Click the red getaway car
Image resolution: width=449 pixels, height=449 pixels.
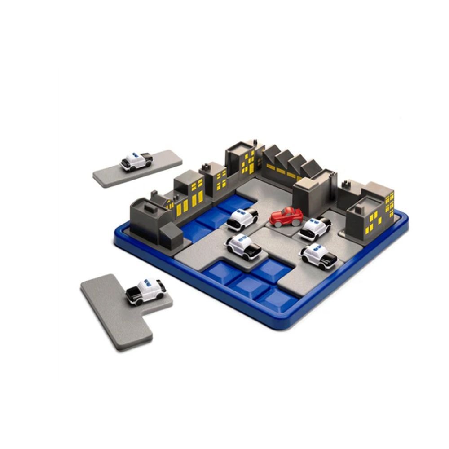(x=286, y=216)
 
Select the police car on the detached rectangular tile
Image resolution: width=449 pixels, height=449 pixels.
(x=136, y=161)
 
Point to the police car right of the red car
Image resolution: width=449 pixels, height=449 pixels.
(x=315, y=228)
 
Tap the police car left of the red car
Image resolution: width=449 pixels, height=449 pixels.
(x=242, y=219)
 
